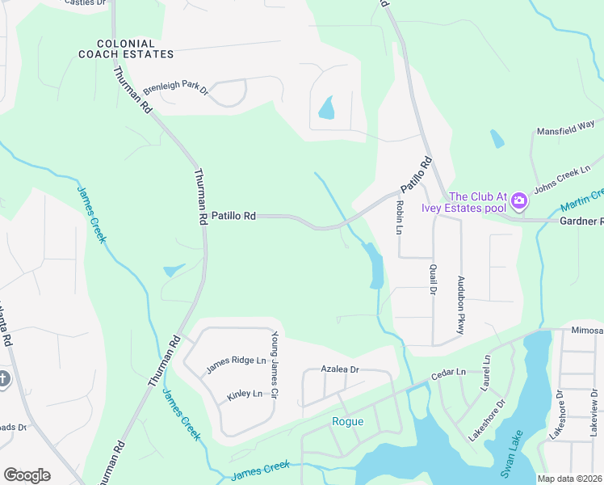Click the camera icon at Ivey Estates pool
point(518,200)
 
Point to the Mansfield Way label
point(566,129)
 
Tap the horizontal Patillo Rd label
point(233,216)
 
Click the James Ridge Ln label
point(236,365)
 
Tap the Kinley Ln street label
point(245,394)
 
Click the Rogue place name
point(348,421)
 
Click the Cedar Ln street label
point(450,373)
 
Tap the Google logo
point(27,475)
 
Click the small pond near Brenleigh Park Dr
point(326,108)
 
